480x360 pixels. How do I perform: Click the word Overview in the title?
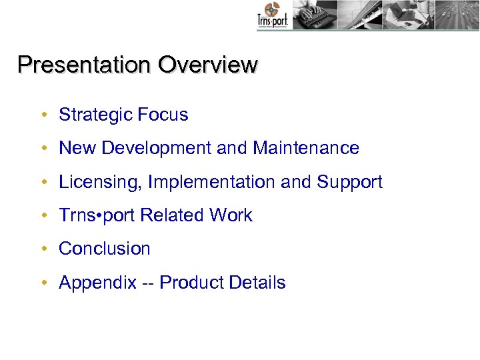[207, 65]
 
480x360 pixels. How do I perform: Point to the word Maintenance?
[306, 148]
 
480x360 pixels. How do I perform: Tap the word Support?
[349, 182]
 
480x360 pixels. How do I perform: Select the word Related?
[173, 215]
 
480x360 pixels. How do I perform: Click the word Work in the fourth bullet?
[231, 215]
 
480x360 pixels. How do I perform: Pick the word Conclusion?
[105, 249]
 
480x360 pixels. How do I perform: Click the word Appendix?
[97, 283]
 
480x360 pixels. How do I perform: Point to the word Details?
[257, 283]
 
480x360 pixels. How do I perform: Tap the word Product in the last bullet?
[191, 283]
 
